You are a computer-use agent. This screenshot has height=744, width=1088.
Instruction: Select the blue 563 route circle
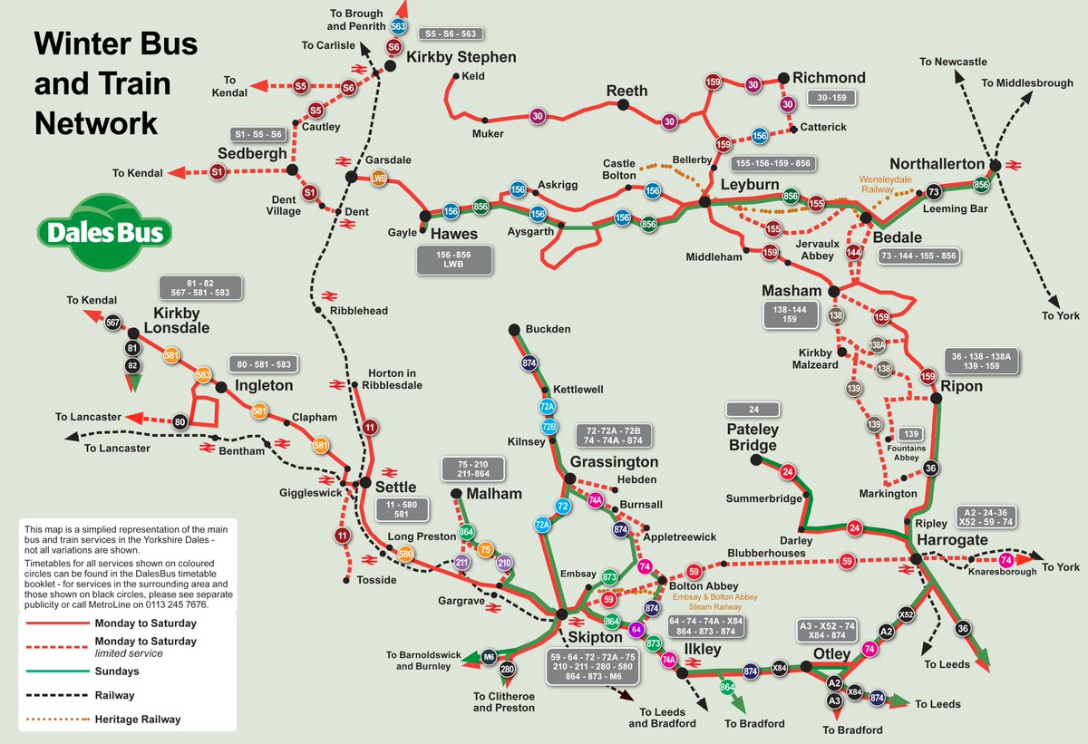[x=398, y=27]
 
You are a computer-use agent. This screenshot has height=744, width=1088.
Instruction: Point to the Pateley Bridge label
[x=753, y=436]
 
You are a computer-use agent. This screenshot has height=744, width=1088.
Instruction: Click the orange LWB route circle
[x=379, y=179]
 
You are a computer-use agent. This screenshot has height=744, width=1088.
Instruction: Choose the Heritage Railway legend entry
[x=137, y=720]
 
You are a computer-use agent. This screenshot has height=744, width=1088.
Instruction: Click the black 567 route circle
[x=113, y=323]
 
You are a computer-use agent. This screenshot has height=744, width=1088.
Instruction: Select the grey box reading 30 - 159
[x=831, y=97]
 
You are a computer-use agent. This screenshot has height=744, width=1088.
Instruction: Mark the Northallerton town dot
[x=995, y=166]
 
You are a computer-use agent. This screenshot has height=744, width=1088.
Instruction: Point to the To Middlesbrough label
[x=1027, y=83]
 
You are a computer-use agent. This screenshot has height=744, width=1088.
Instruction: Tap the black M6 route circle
[x=490, y=655]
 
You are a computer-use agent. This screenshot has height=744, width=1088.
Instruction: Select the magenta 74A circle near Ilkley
[x=669, y=660]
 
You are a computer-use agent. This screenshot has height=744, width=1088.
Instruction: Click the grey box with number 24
[x=753, y=409]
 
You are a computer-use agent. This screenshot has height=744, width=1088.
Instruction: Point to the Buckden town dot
[x=513, y=329]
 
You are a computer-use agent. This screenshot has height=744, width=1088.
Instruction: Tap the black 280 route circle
[x=508, y=671]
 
